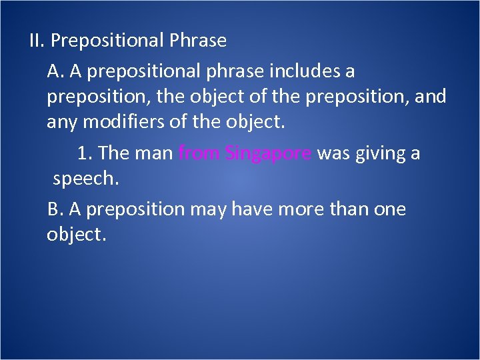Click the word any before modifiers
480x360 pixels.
(x=61, y=123)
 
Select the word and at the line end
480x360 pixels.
(x=431, y=97)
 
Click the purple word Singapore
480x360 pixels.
(x=269, y=154)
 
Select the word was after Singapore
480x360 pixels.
(x=333, y=154)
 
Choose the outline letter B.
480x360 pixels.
(x=55, y=209)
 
